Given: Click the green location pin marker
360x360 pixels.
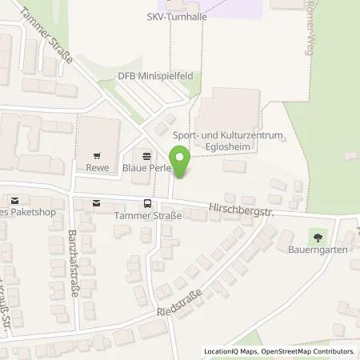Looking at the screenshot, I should pos(181,162).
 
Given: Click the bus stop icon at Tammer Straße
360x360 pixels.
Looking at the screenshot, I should pos(146,204).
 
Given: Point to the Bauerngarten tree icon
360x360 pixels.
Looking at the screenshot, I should pos(318,237).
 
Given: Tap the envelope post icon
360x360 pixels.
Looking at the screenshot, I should pos(97,204).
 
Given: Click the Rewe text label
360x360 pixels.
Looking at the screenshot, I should pos(97,169).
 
